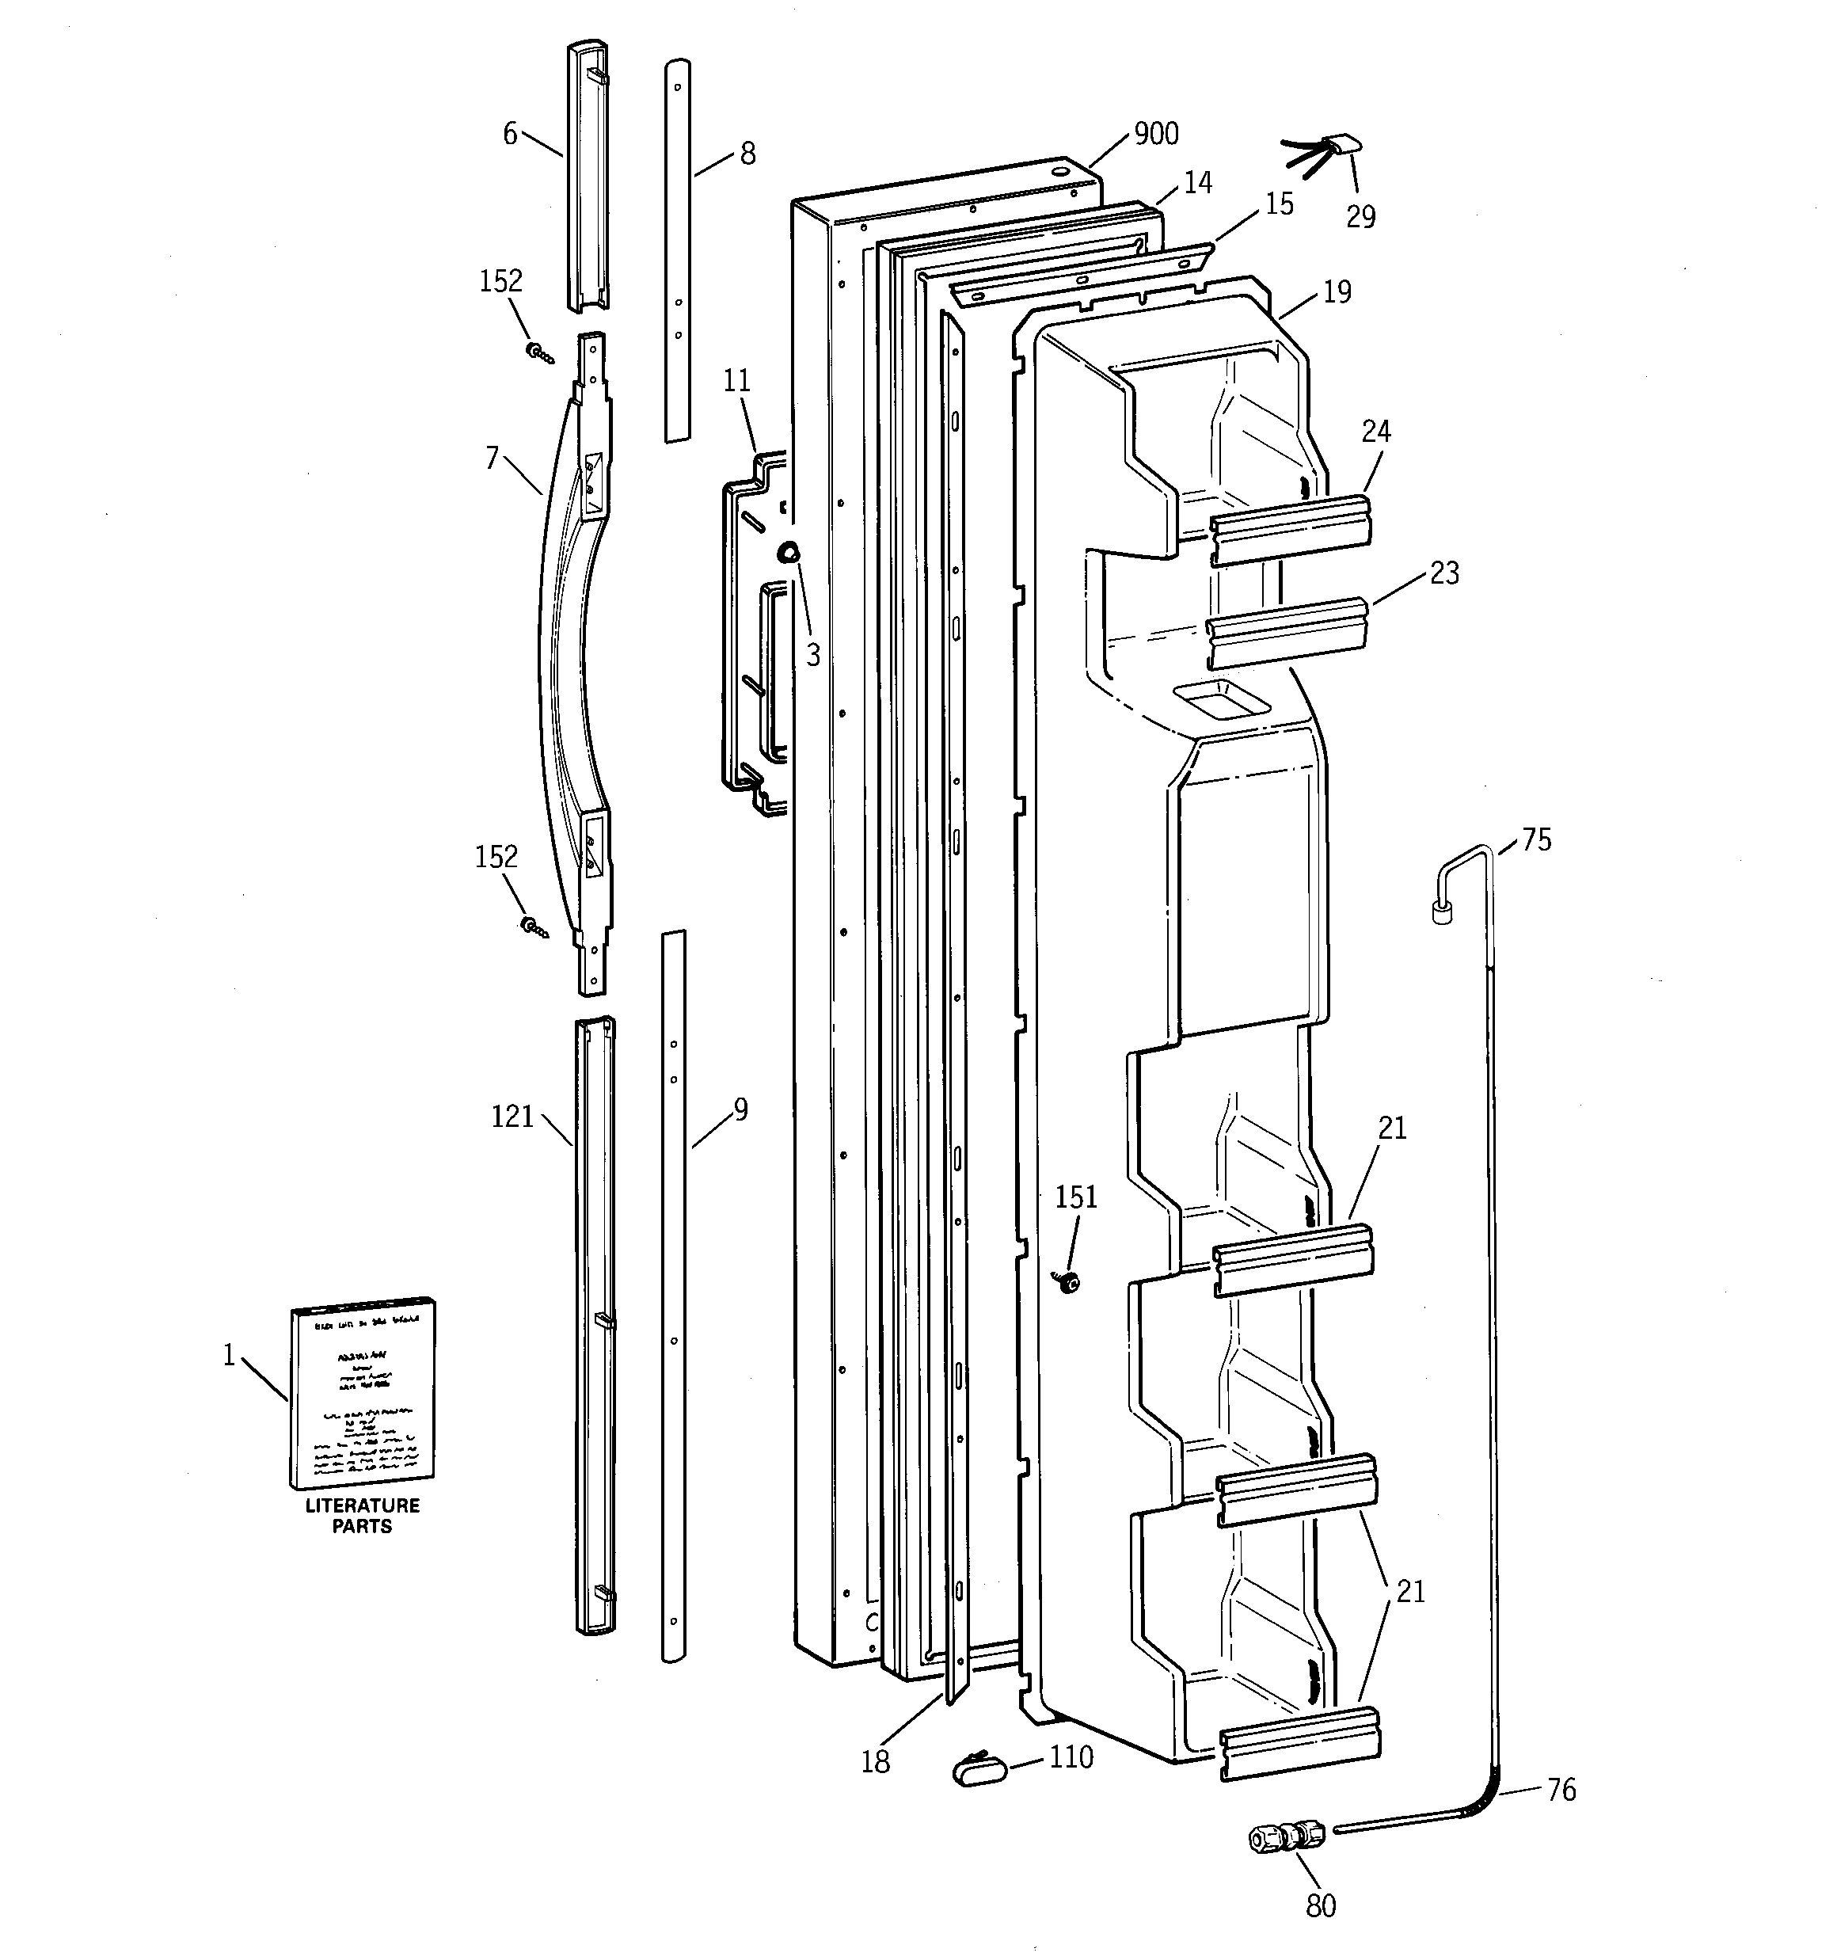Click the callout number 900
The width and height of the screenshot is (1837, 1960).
[1155, 133]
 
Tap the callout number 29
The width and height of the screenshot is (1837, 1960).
[1361, 217]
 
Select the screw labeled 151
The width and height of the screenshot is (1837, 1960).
[1066, 1281]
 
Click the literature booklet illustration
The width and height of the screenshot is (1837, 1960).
[363, 1393]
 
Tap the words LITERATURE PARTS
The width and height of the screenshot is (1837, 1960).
[362, 1516]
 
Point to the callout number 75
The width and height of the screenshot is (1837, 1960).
[1536, 840]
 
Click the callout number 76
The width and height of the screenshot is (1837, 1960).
[1561, 1790]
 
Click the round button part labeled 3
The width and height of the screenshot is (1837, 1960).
[789, 553]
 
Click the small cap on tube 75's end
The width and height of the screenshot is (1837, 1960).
[1443, 912]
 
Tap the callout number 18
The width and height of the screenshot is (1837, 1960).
[875, 1762]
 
